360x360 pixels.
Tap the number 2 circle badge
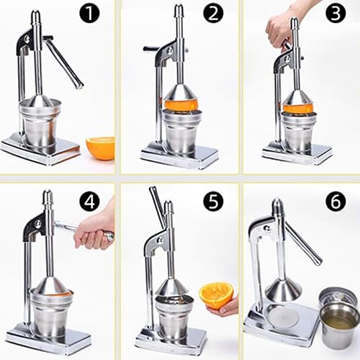tap(212, 13)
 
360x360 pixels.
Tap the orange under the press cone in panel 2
tap(181, 105)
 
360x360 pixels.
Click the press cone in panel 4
tap(50, 286)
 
